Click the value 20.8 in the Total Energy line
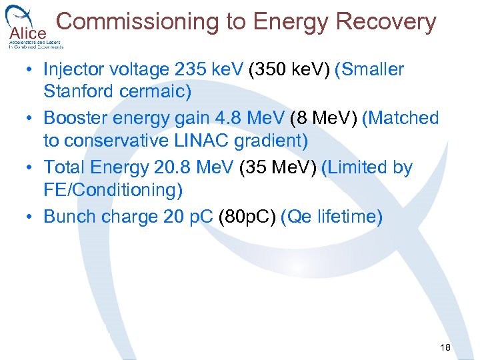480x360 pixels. click(193, 168)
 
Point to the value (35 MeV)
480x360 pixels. click(279, 168)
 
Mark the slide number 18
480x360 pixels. click(445, 348)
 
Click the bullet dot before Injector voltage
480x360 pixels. click(31, 70)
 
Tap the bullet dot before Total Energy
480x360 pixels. click(31, 169)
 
